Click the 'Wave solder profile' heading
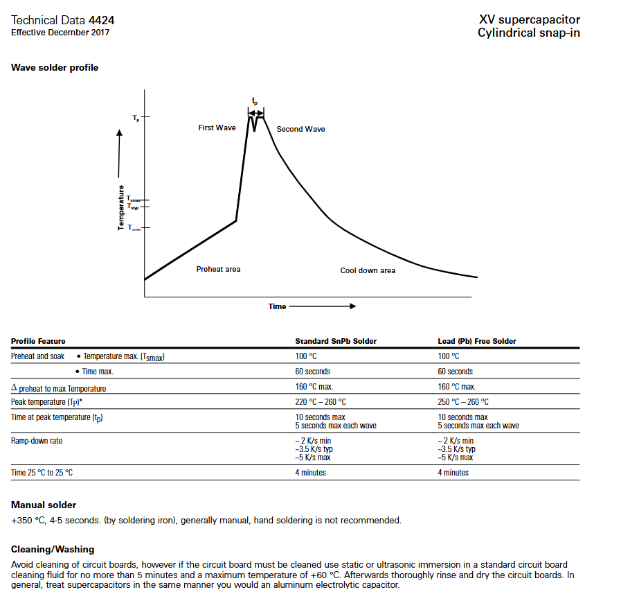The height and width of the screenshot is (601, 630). point(55,68)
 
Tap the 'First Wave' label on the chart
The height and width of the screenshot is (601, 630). point(217,128)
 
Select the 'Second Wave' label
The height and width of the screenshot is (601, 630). point(300,129)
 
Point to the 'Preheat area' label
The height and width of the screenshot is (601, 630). point(218,269)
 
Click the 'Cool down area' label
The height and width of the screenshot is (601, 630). point(368,270)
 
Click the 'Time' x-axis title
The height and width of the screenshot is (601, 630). point(277,306)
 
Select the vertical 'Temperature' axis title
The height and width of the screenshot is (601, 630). point(122,208)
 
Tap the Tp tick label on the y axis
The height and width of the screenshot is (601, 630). point(136,119)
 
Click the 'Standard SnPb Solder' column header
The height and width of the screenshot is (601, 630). point(336,341)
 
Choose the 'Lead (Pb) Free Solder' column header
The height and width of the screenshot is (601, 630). point(476,341)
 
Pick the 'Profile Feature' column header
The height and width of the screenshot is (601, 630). point(38,341)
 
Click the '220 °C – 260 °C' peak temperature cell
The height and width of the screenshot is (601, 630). point(321,402)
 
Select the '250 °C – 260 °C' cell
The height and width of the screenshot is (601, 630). point(462,402)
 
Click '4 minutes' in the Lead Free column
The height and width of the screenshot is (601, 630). point(453,473)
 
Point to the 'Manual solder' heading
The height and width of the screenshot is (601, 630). point(44,505)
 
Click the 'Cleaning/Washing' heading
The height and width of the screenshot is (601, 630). point(53,550)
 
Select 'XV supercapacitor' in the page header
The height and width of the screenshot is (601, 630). point(529,19)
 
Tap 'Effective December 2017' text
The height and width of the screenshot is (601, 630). point(60,33)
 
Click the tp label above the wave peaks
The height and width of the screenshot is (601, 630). point(255,102)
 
